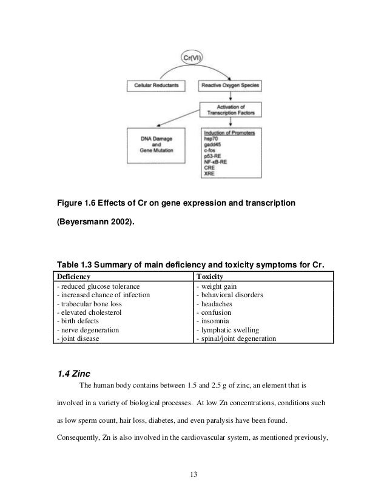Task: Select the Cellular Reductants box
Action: [x=156, y=87]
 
